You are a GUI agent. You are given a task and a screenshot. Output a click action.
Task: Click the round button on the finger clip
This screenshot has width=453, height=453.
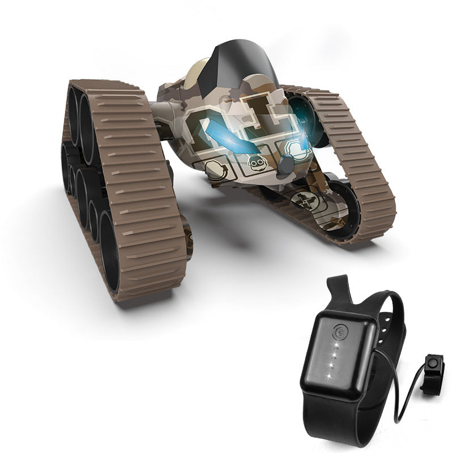coord(434,361)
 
